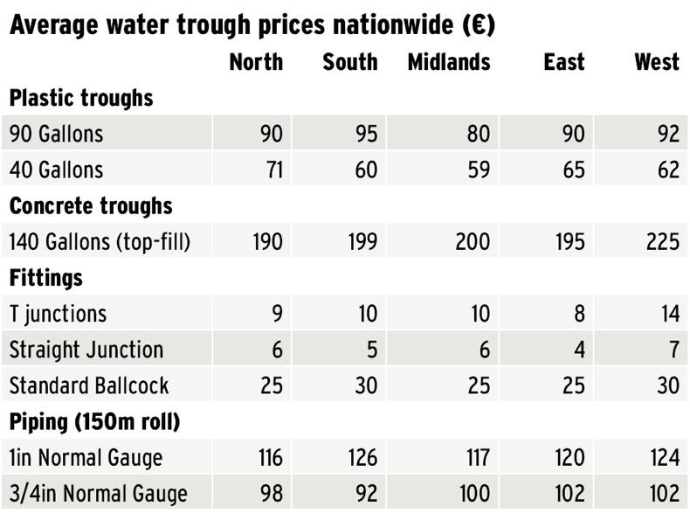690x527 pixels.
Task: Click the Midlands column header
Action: pyautogui.click(x=449, y=62)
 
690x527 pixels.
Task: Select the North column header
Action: pyautogui.click(x=256, y=62)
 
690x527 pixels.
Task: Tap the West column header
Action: pyautogui.click(x=656, y=62)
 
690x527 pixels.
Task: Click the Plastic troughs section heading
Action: pyautogui.click(x=81, y=98)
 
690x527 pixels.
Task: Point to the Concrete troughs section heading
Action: pyautogui.click(x=91, y=206)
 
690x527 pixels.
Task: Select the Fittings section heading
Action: pyautogui.click(x=46, y=278)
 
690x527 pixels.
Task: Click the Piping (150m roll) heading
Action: pyautogui.click(x=94, y=422)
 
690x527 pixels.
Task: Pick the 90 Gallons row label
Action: pyautogui.click(x=56, y=134)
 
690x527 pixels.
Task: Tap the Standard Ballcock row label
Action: pyautogui.click(x=89, y=385)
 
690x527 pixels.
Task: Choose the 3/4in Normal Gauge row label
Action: pyautogui.click(x=98, y=494)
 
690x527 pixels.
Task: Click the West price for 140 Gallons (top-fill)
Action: pyautogui.click(x=662, y=242)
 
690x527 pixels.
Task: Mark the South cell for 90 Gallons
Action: pyautogui.click(x=365, y=134)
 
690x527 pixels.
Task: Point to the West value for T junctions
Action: pyautogui.click(x=667, y=314)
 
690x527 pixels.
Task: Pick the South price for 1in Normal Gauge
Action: pyautogui.click(x=362, y=458)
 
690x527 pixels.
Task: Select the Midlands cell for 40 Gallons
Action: pyautogui.click(x=479, y=170)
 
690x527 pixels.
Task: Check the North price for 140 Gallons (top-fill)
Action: pyautogui.click(x=266, y=242)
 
